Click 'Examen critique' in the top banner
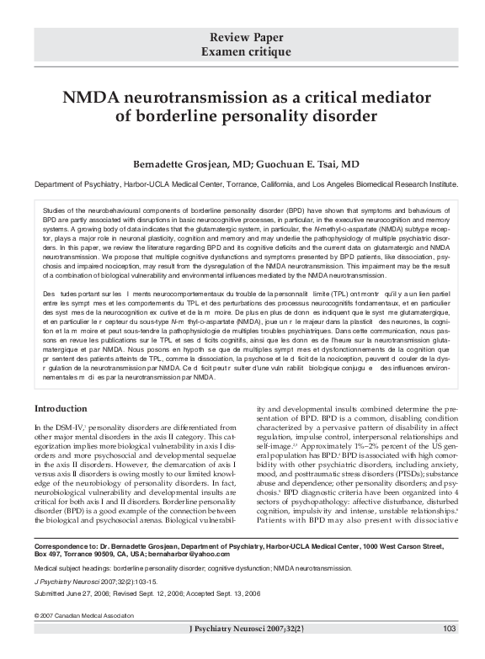coord(242,51)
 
